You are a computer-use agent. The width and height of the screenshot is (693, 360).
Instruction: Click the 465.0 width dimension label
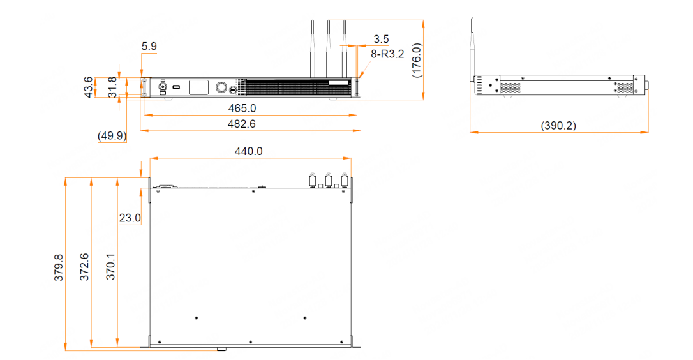pyautogui.click(x=242, y=109)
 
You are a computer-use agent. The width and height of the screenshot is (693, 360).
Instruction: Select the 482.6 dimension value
pyautogui.click(x=241, y=124)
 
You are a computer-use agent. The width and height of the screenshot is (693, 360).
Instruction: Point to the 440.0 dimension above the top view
pyautogui.click(x=248, y=151)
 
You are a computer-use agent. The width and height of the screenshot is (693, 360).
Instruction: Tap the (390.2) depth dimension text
pyautogui.click(x=558, y=126)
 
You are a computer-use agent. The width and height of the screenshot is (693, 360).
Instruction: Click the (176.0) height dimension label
pyautogui.click(x=416, y=61)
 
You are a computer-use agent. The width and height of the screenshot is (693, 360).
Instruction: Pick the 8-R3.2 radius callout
pyautogui.click(x=387, y=54)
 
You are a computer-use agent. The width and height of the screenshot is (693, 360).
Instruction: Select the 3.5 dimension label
pyautogui.click(x=381, y=39)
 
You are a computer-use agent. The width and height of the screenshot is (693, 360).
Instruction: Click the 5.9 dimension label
pyautogui.click(x=149, y=46)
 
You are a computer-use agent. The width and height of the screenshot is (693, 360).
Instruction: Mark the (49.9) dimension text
pyautogui.click(x=112, y=136)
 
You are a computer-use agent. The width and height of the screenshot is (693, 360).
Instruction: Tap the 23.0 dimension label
pyautogui.click(x=130, y=218)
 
